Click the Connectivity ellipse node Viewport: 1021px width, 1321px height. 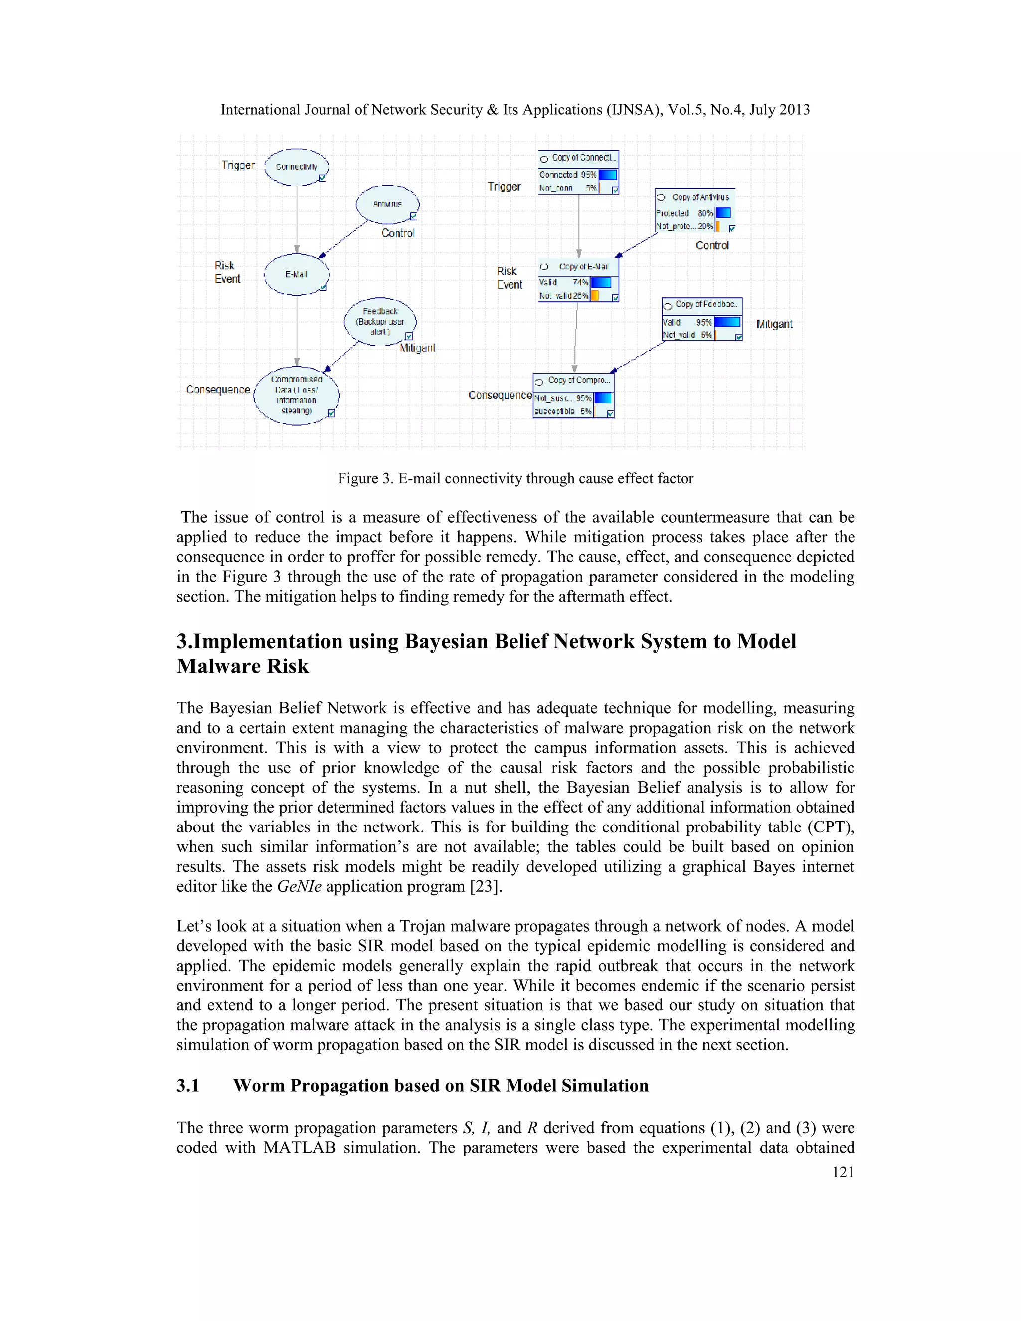coord(297,167)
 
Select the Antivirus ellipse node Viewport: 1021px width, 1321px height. coord(387,204)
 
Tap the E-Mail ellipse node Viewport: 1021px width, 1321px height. coord(297,275)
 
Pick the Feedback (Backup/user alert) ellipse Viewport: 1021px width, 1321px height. coord(380,322)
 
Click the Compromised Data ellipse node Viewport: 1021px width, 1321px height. coord(297,396)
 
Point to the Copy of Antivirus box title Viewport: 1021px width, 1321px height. coord(700,197)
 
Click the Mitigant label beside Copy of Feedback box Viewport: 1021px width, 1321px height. coord(774,324)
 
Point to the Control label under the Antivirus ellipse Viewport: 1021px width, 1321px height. coord(397,233)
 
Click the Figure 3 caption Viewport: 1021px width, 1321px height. coord(515,479)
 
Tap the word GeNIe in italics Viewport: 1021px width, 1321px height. coord(299,887)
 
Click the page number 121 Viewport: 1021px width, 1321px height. coord(843,1172)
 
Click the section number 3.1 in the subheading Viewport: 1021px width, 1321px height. coord(188,1086)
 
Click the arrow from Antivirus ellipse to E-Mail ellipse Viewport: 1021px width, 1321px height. coord(343,238)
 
